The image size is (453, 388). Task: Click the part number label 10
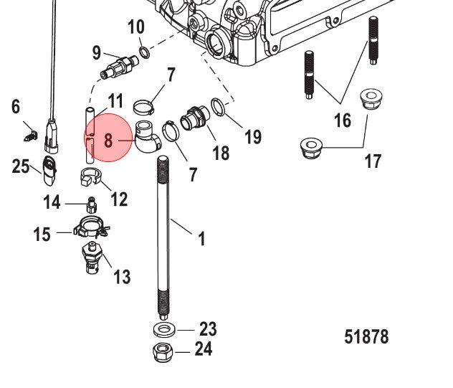[x=135, y=28]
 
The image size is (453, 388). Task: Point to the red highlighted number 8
[x=108, y=139]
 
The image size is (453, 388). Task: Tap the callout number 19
[x=252, y=136]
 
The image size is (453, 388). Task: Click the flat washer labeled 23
[x=166, y=331]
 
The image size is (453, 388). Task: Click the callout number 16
[x=343, y=119]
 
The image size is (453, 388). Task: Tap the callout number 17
[x=373, y=161]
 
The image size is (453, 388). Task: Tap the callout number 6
[x=16, y=108]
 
